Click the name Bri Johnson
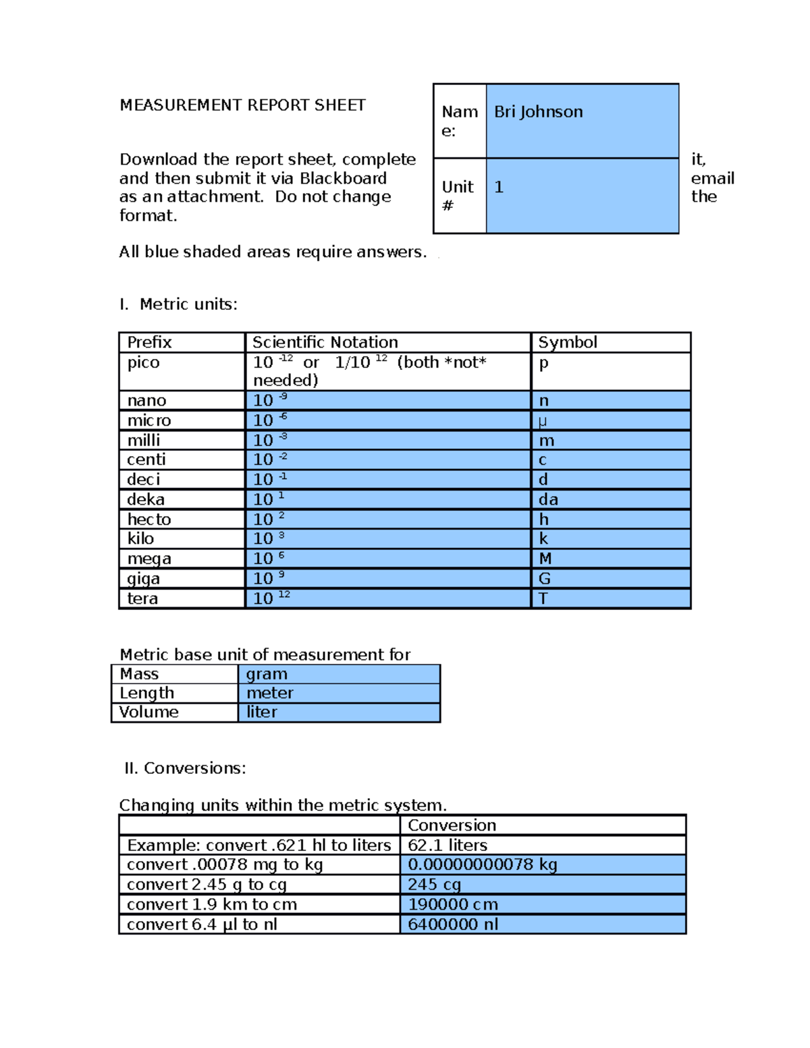[538, 112]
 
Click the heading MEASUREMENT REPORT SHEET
[242, 105]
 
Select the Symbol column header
[567, 342]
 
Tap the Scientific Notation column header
[325, 342]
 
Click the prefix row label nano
[146, 401]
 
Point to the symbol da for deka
[548, 499]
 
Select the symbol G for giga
[544, 579]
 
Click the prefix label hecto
[149, 520]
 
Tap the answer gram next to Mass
[267, 674]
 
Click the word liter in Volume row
[262, 713]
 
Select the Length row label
[146, 693]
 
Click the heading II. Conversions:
[185, 769]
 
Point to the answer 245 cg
[434, 885]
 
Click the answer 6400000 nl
[452, 925]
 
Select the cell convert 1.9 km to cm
[212, 905]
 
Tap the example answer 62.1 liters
[447, 846]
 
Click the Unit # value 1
[499, 188]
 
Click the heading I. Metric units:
[178, 304]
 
